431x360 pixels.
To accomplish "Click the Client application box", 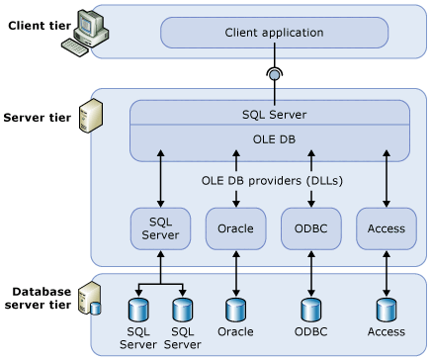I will pyautogui.click(x=274, y=32).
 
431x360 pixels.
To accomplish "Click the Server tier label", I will pyautogui.click(x=37, y=118).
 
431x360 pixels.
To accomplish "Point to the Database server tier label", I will pyautogui.click(x=41, y=298).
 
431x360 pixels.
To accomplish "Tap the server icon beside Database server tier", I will pyautogui.click(x=89, y=298).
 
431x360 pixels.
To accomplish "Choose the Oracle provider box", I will pyautogui.click(x=235, y=229).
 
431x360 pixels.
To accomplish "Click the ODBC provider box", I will pyautogui.click(x=311, y=229).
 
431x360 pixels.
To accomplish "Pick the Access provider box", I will pyautogui.click(x=386, y=229).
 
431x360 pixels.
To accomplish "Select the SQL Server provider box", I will pyautogui.click(x=160, y=228).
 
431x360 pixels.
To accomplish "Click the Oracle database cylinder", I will pyautogui.click(x=235, y=309).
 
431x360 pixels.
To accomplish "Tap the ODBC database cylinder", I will pyautogui.click(x=311, y=309).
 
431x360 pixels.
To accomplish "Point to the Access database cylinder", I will pyautogui.click(x=386, y=309).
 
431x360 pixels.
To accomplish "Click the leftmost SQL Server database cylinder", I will pyautogui.click(x=138, y=309).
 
